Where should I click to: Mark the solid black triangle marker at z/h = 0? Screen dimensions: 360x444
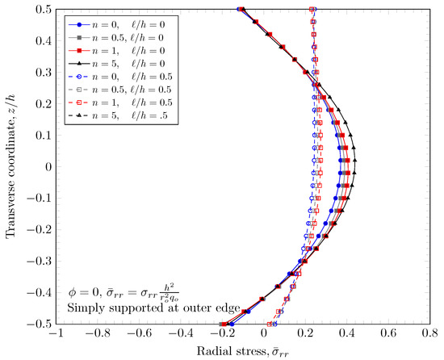coord(355,167)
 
